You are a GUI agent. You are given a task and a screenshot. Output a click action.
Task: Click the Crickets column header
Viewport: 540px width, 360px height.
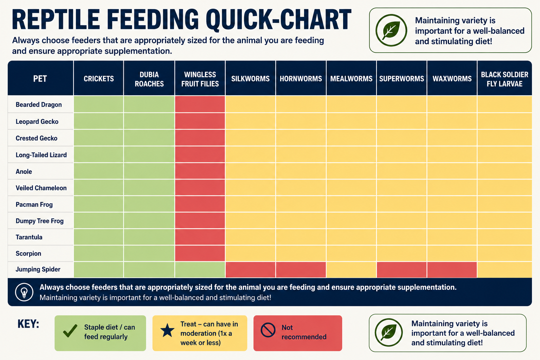(x=98, y=79)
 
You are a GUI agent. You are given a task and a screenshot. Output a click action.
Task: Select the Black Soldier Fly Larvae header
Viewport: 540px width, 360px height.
(x=504, y=79)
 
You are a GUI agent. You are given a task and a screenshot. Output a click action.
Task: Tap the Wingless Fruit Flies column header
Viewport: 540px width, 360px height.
(x=200, y=79)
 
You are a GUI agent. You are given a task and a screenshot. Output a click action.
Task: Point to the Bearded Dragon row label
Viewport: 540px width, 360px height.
(x=39, y=105)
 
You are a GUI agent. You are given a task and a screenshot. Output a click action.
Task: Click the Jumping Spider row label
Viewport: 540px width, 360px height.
(x=38, y=269)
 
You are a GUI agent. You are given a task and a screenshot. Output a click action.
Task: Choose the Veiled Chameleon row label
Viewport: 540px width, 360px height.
(x=41, y=188)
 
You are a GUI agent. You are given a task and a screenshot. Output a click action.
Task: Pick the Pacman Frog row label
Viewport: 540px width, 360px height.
(x=34, y=205)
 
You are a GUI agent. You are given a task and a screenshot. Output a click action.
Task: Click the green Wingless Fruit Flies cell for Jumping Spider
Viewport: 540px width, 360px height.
(x=200, y=270)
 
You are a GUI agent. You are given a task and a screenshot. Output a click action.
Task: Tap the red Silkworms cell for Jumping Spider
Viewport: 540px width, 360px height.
(x=250, y=270)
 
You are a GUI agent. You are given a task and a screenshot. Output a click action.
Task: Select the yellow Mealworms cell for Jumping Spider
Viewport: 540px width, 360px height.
(x=351, y=270)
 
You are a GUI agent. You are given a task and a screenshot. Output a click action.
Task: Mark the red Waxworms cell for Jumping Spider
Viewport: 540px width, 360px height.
(x=452, y=270)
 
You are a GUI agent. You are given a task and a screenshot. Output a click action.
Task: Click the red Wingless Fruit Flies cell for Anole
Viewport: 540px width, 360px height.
(x=200, y=171)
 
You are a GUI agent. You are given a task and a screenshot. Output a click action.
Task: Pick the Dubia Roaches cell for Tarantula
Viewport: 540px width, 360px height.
(x=149, y=237)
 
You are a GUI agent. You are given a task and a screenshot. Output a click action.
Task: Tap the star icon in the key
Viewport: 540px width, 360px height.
(x=167, y=330)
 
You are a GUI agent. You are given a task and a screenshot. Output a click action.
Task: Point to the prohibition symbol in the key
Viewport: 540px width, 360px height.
(x=268, y=330)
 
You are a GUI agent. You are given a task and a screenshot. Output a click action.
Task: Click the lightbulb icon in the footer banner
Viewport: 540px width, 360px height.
(x=24, y=292)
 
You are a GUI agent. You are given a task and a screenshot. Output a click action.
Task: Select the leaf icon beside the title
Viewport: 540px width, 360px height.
(x=391, y=30)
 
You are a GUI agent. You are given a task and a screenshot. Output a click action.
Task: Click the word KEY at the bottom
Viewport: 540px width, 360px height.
(x=28, y=324)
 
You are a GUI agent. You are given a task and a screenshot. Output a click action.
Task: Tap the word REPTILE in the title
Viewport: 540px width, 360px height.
(x=56, y=20)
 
